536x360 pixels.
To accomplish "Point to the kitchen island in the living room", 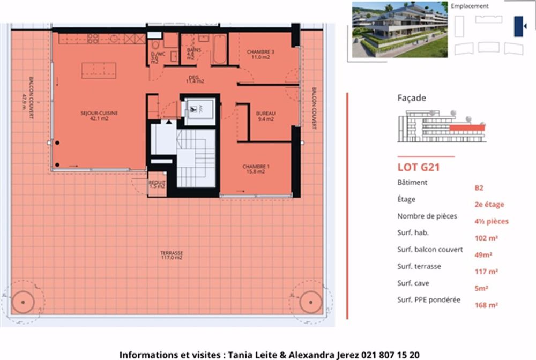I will [x=99, y=70].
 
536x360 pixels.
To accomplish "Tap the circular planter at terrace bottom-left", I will [x=23, y=302].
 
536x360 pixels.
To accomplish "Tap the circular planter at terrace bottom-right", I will [x=308, y=301].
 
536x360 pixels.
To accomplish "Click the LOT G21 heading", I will [x=419, y=167].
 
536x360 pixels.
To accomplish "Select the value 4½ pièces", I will [x=491, y=221].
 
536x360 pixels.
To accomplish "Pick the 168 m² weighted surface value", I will [x=486, y=305].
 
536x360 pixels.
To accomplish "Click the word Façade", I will [x=412, y=98].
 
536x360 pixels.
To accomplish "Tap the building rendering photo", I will [x=399, y=29].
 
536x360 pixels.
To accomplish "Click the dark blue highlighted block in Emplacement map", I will [x=518, y=26].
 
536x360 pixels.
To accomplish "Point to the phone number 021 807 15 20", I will [x=391, y=355].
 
